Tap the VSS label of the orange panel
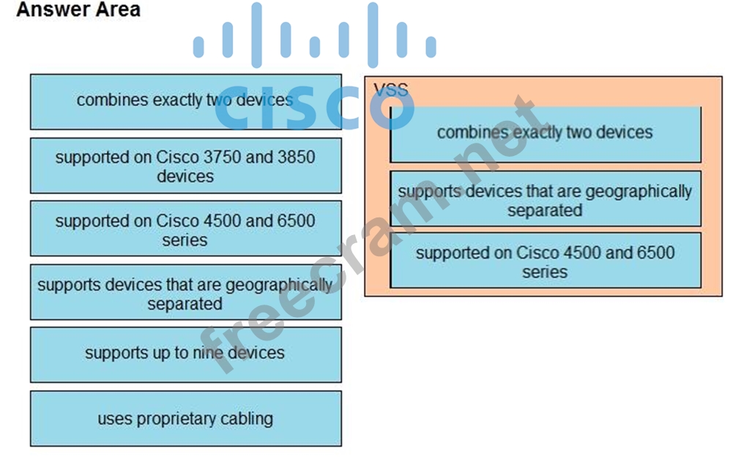[390, 90]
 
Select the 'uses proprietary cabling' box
[185, 419]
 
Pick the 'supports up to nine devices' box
[185, 354]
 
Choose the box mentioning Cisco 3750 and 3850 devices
[185, 166]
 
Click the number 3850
[296, 157]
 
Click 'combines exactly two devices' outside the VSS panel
[185, 101]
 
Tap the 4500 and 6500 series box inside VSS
[545, 261]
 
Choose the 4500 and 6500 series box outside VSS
[185, 229]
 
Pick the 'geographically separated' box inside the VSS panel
[545, 199]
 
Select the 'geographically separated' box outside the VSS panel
[185, 293]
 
